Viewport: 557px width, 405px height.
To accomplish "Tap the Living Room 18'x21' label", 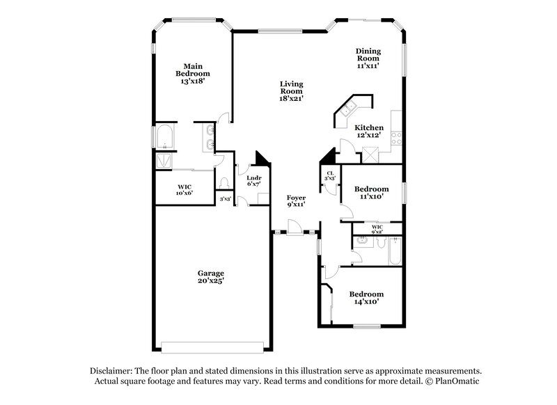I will pos(291,91).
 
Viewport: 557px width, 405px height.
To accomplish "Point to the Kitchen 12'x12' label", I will pos(368,132).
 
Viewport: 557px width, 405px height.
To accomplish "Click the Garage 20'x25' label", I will pos(210,277).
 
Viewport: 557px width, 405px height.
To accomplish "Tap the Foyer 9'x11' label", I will pos(297,201).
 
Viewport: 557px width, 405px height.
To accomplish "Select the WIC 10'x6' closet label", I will pos(185,189).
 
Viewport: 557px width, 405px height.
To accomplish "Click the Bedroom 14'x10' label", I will pos(366,299).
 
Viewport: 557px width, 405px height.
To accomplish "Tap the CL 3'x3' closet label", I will pos(330,176).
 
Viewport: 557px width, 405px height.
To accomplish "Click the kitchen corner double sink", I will pos(347,109).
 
